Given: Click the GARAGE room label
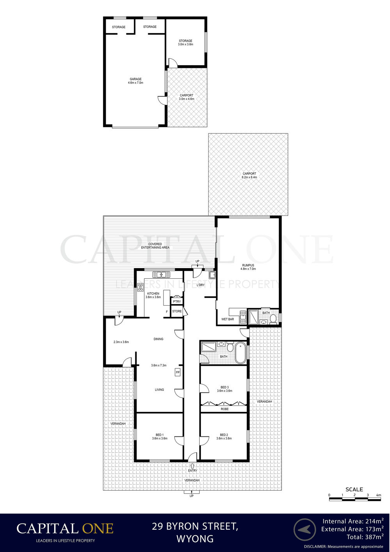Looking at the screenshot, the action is click(135, 79).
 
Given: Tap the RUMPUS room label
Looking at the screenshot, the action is click(248, 265).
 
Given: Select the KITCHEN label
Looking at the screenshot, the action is click(153, 294).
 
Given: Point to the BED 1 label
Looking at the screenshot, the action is click(160, 435).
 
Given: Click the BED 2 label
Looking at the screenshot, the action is click(224, 435).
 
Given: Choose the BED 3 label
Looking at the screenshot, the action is click(225, 387).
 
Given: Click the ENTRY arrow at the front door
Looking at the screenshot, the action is click(192, 466).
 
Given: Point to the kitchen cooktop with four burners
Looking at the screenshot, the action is click(140, 287).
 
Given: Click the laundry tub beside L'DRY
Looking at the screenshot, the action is click(212, 274).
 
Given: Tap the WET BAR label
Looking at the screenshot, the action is click(227, 319).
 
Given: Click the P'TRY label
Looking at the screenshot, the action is click(177, 301).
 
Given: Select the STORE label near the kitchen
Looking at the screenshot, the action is click(177, 311).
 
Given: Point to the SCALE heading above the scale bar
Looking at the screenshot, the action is click(354, 490).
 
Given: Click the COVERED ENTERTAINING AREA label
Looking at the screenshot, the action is click(155, 246).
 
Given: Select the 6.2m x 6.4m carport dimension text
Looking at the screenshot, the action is click(250, 177).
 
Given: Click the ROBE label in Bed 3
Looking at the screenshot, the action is click(225, 409).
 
